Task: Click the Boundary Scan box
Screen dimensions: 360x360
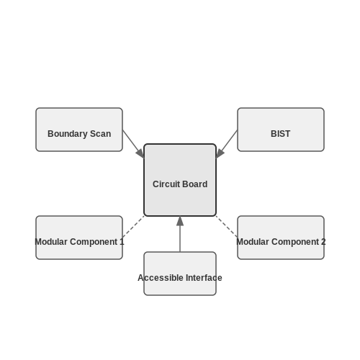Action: point(79,130)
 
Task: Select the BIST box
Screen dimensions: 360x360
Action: point(281,130)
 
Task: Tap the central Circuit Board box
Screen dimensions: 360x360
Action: point(180,180)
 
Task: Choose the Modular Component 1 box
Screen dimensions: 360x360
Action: point(79,238)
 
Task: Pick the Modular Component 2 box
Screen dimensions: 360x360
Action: point(281,238)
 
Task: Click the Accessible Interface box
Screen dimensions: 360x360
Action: point(180,274)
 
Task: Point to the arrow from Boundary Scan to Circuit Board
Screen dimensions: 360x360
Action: point(133,144)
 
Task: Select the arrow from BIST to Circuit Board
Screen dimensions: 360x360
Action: point(227,144)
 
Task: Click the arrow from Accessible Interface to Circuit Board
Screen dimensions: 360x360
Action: point(180,234)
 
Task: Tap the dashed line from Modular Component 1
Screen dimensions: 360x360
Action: point(133,227)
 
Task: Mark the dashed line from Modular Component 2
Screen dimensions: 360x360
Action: point(227,227)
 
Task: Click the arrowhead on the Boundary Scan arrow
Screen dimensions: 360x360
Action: point(140,154)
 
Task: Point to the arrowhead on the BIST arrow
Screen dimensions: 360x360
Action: point(220,154)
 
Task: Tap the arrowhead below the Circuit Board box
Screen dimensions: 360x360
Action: point(180,221)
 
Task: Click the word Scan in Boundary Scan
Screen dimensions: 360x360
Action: point(100,134)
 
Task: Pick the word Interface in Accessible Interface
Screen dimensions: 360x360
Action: point(204,278)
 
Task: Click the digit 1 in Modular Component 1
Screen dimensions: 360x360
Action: point(122,242)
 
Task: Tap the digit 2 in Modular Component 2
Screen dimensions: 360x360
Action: point(323,242)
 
